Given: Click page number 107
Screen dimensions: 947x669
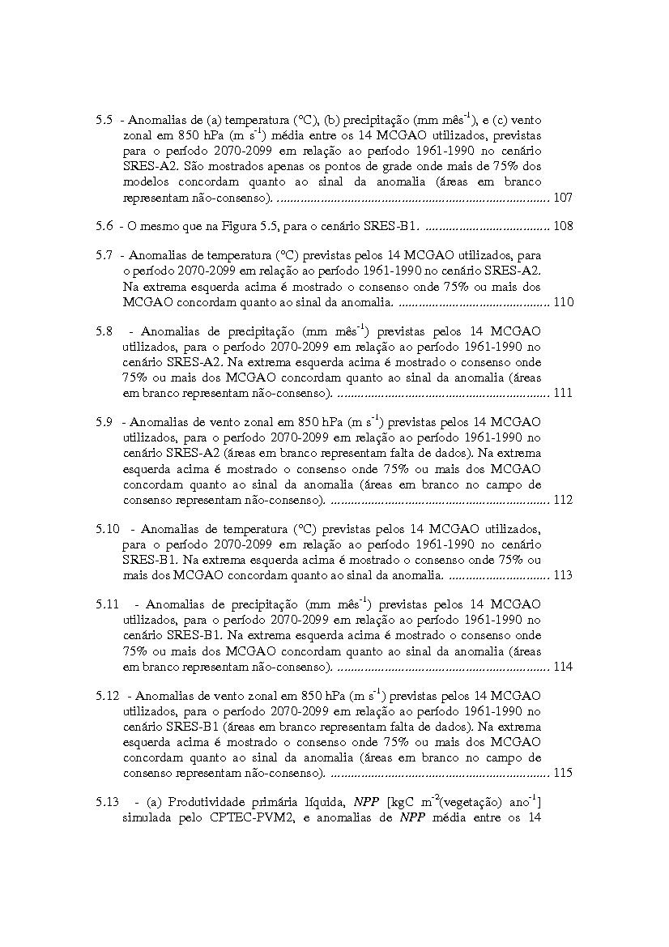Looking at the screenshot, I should pyautogui.click(x=563, y=197).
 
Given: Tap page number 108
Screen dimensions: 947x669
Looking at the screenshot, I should pyautogui.click(x=563, y=226).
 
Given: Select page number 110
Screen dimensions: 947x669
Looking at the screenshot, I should pyautogui.click(x=563, y=302).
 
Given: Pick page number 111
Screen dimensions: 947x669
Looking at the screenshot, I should pyautogui.click(x=563, y=393).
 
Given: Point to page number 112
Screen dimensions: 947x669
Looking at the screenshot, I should pyautogui.click(x=563, y=500).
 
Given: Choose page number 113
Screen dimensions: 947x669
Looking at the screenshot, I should pyautogui.click(x=563, y=575).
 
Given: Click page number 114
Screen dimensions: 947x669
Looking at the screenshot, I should pyautogui.click(x=563, y=667).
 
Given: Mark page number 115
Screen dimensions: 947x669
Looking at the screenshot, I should pyautogui.click(x=563, y=773).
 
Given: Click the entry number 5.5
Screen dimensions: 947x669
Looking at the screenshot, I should pyautogui.click(x=104, y=119).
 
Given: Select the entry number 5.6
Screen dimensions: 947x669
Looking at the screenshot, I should pyautogui.click(x=104, y=226).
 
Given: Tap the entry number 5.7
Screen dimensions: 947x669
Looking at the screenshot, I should pyautogui.click(x=104, y=255).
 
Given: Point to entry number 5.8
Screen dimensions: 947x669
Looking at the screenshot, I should pyautogui.click(x=104, y=331).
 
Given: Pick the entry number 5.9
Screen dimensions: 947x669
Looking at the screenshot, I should pyautogui.click(x=104, y=422).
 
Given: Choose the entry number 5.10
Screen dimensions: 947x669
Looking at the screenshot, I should pyautogui.click(x=107, y=529).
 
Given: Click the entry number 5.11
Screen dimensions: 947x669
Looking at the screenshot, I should pyautogui.click(x=107, y=604).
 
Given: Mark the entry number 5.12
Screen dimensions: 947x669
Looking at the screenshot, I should pyautogui.click(x=107, y=696).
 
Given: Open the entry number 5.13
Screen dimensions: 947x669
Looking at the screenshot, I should pyautogui.click(x=107, y=802).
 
